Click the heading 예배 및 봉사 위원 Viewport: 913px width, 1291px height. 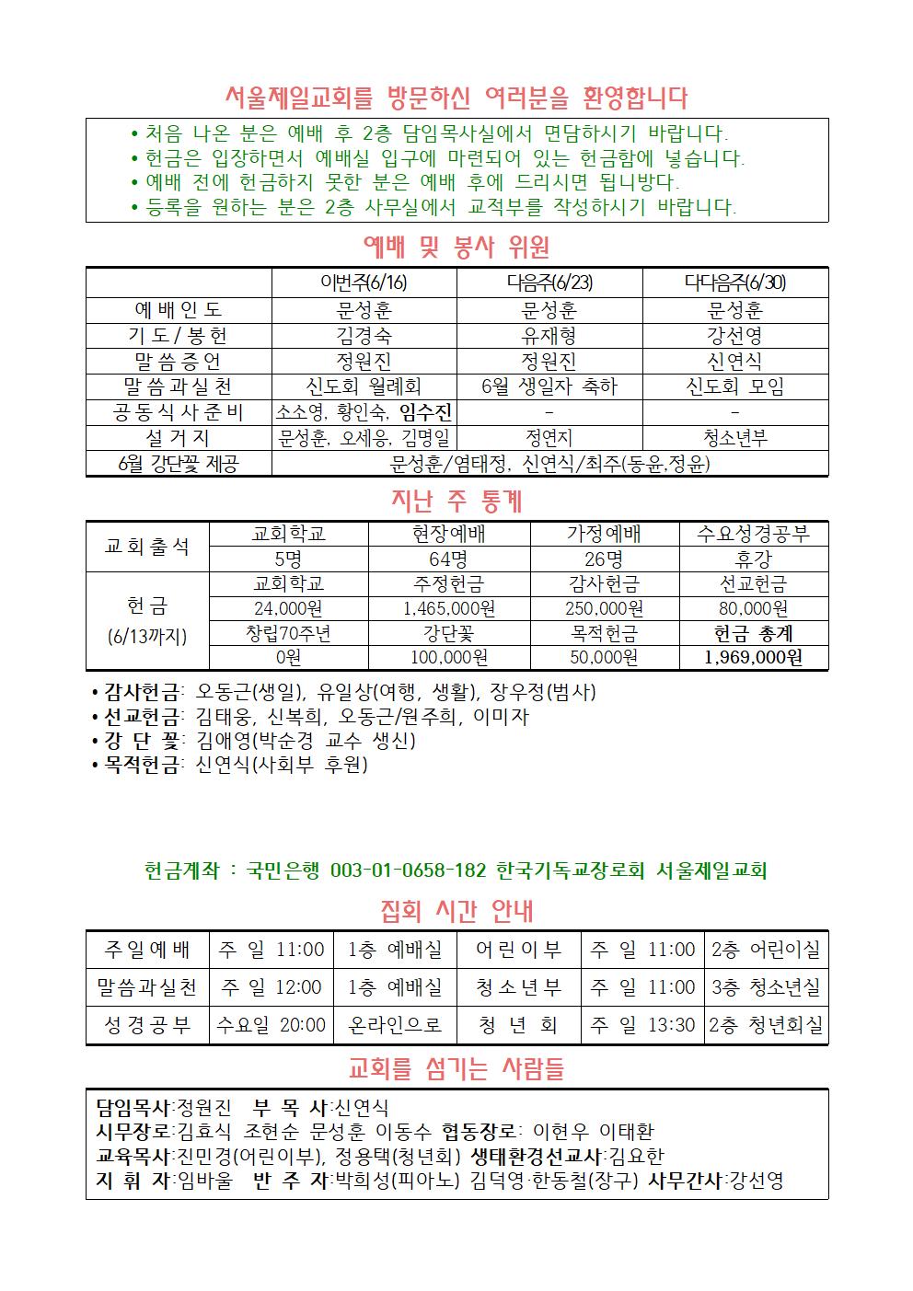(x=456, y=247)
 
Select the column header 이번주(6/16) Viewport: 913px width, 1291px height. (x=364, y=282)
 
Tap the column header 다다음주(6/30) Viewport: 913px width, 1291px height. (x=734, y=282)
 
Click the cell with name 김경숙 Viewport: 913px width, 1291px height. (x=364, y=335)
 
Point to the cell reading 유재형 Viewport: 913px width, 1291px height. (x=549, y=335)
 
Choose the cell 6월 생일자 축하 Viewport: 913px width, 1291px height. (x=549, y=386)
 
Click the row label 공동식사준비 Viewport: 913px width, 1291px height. (x=179, y=412)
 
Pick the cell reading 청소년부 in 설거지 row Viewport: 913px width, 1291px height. (x=734, y=438)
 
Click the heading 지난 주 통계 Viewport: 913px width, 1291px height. (x=456, y=501)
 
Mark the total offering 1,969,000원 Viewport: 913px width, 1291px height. (x=753, y=657)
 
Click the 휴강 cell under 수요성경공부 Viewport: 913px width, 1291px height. (x=753, y=559)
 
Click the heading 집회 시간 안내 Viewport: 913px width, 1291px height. (x=456, y=912)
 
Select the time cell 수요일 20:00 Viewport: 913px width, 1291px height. (x=271, y=1025)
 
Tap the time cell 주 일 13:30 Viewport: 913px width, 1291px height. (x=642, y=1025)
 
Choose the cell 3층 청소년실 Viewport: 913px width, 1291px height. (x=767, y=987)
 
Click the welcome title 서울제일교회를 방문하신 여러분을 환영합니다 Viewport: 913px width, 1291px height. (x=456, y=97)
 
